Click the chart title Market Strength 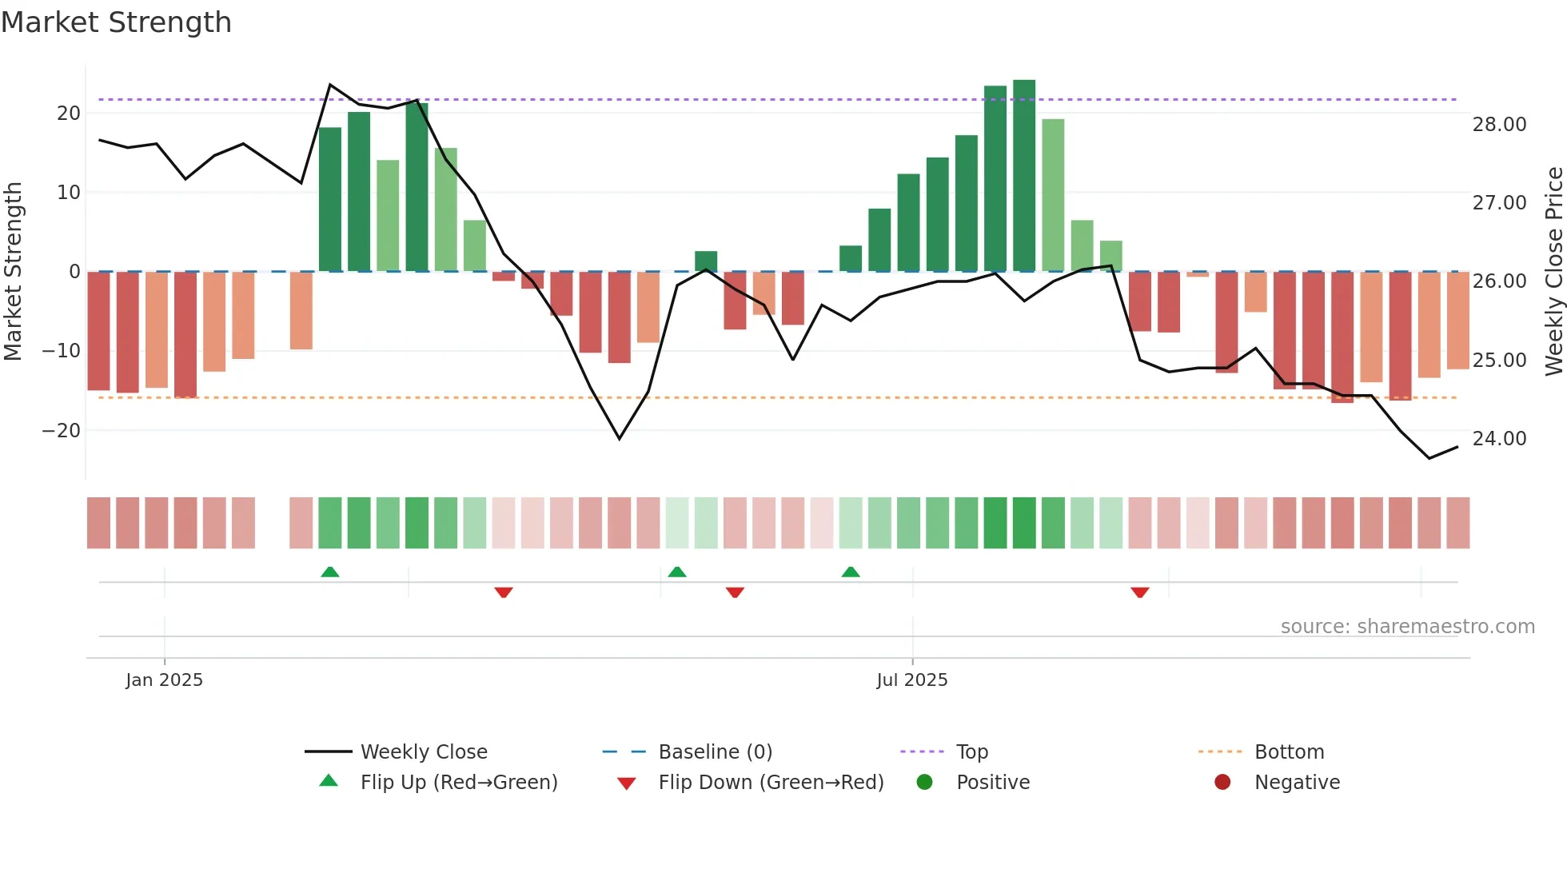pyautogui.click(x=116, y=22)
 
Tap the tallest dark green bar pyautogui.click(x=1024, y=176)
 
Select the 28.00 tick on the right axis pyautogui.click(x=1499, y=124)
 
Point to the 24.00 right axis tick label pyautogui.click(x=1499, y=438)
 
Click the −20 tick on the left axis pyautogui.click(x=62, y=430)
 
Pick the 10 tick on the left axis pyautogui.click(x=68, y=192)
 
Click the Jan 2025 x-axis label pyautogui.click(x=164, y=680)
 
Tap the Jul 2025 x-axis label pyautogui.click(x=911, y=680)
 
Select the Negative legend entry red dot pyautogui.click(x=1222, y=782)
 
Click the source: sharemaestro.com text pyautogui.click(x=1407, y=626)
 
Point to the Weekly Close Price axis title pyautogui.click(x=1553, y=271)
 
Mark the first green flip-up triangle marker pyautogui.click(x=329, y=572)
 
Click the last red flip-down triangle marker pyautogui.click(x=1140, y=592)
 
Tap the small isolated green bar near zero pyautogui.click(x=706, y=261)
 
